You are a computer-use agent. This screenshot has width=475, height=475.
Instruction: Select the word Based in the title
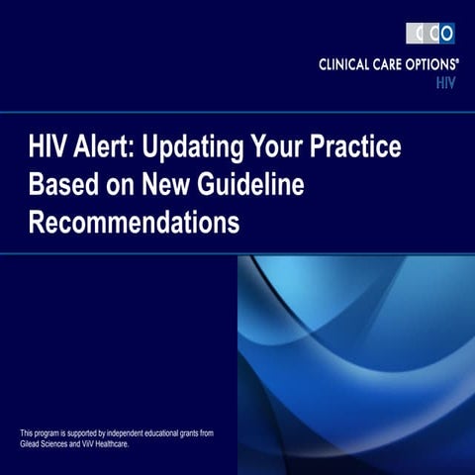tap(62, 187)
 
